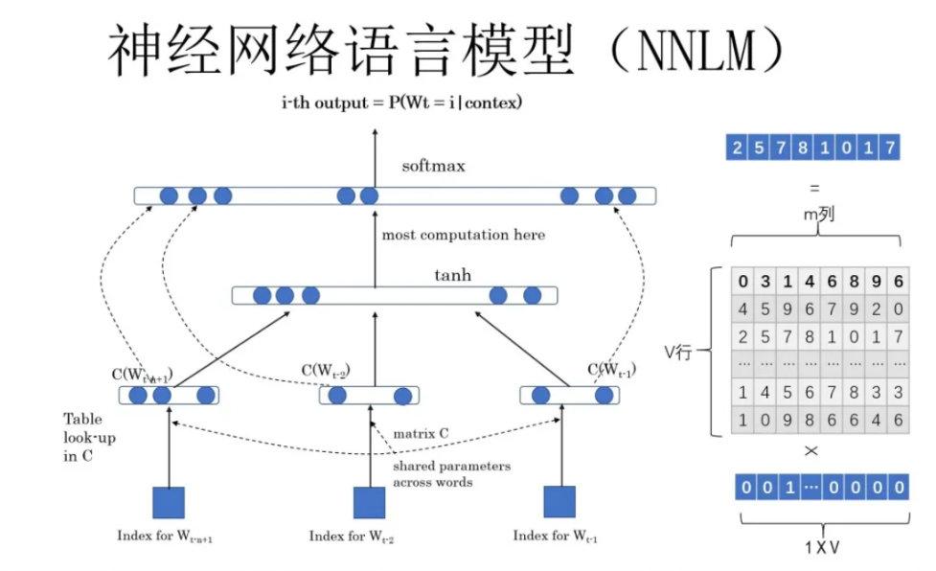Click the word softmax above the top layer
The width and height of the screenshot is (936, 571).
click(x=433, y=166)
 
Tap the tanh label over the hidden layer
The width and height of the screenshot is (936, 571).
click(x=453, y=276)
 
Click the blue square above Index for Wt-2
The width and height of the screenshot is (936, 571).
click(x=369, y=502)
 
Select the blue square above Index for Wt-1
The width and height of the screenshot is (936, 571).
click(x=559, y=501)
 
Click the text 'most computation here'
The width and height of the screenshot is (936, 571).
click(x=463, y=235)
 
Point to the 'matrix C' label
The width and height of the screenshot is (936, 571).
click(x=422, y=433)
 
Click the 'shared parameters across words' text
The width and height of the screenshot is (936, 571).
click(x=451, y=473)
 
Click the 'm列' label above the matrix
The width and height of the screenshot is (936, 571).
click(x=818, y=216)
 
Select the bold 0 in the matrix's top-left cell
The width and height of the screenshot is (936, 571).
click(x=742, y=282)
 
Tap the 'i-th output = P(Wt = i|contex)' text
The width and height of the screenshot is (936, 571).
click(x=402, y=102)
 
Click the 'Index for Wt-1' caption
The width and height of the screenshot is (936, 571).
click(x=557, y=536)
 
